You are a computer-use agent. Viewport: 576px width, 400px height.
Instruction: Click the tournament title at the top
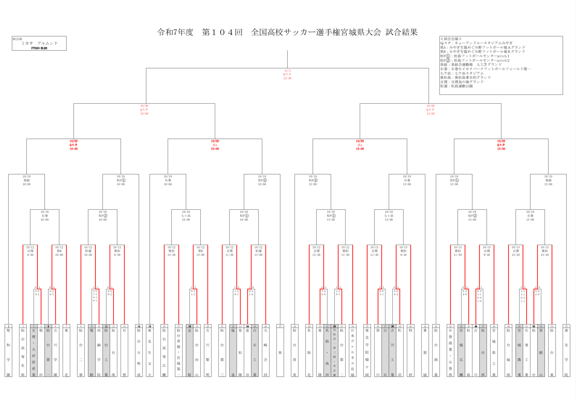tap(287, 32)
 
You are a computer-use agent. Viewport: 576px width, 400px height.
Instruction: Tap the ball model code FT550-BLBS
tap(39, 48)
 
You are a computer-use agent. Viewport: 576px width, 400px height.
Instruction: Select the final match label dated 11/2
tap(287, 75)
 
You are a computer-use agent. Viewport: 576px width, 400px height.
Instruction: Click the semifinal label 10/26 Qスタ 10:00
tap(144, 110)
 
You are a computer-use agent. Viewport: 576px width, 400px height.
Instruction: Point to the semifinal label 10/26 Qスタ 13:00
tap(430, 110)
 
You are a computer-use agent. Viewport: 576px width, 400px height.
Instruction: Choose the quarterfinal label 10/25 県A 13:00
tap(360, 145)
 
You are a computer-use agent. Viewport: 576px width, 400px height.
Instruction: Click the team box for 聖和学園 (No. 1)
tap(8, 352)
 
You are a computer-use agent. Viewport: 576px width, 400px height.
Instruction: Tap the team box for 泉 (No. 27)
tap(280, 352)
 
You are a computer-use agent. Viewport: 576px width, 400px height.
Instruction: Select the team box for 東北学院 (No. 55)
tap(566, 352)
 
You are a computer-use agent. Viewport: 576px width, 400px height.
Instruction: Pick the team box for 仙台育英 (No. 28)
tap(294, 352)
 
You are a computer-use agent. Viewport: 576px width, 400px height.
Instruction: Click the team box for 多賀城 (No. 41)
tap(425, 352)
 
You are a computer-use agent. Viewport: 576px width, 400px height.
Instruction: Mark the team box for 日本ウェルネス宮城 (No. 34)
tap(352, 352)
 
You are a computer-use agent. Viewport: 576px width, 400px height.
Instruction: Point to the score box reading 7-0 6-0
tap(323, 293)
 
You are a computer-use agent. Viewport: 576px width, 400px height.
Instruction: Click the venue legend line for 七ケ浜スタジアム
tap(462, 73)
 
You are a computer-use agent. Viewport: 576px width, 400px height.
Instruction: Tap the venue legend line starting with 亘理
tap(462, 82)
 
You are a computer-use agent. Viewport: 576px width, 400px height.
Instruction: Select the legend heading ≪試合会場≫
tap(451, 39)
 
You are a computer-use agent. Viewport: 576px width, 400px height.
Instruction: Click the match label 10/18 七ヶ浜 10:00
tap(186, 216)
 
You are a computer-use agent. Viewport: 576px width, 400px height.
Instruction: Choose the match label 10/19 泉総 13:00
tap(548, 180)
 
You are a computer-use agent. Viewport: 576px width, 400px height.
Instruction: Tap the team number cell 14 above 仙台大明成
tap(139, 326)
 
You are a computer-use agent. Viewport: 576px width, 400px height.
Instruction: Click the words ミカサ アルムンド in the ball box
tap(40, 43)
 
